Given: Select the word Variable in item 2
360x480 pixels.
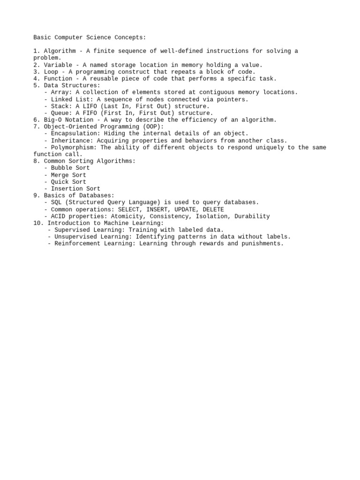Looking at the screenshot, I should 58,65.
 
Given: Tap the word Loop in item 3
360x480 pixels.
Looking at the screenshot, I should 51,72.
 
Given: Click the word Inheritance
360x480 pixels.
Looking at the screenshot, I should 70,141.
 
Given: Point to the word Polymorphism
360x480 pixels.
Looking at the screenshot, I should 74,147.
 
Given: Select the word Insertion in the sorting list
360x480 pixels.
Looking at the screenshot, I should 67,189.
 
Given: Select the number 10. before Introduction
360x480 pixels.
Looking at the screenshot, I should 38,223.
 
